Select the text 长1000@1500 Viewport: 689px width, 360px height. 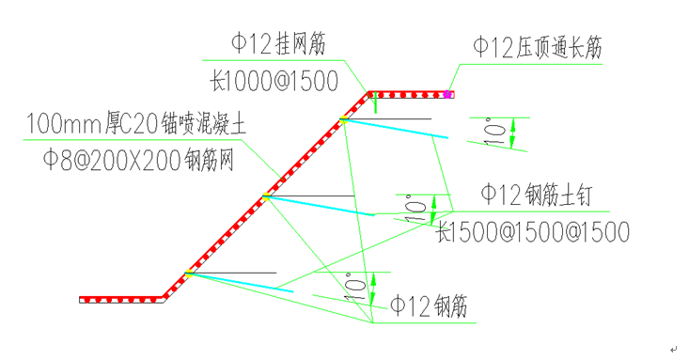pyautogui.click(x=274, y=82)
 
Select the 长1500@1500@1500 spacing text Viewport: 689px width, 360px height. pyautogui.click(x=532, y=231)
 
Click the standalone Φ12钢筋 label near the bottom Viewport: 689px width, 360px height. pyautogui.click(x=429, y=306)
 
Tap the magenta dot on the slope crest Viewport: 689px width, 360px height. pyautogui.click(x=448, y=94)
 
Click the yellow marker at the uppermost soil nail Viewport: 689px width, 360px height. pyautogui.click(x=344, y=120)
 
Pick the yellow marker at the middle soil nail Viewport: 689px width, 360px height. pyautogui.click(x=267, y=197)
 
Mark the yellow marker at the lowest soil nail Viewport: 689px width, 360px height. pyautogui.click(x=190, y=274)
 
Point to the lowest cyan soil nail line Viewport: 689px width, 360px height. pyautogui.click(x=243, y=282)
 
